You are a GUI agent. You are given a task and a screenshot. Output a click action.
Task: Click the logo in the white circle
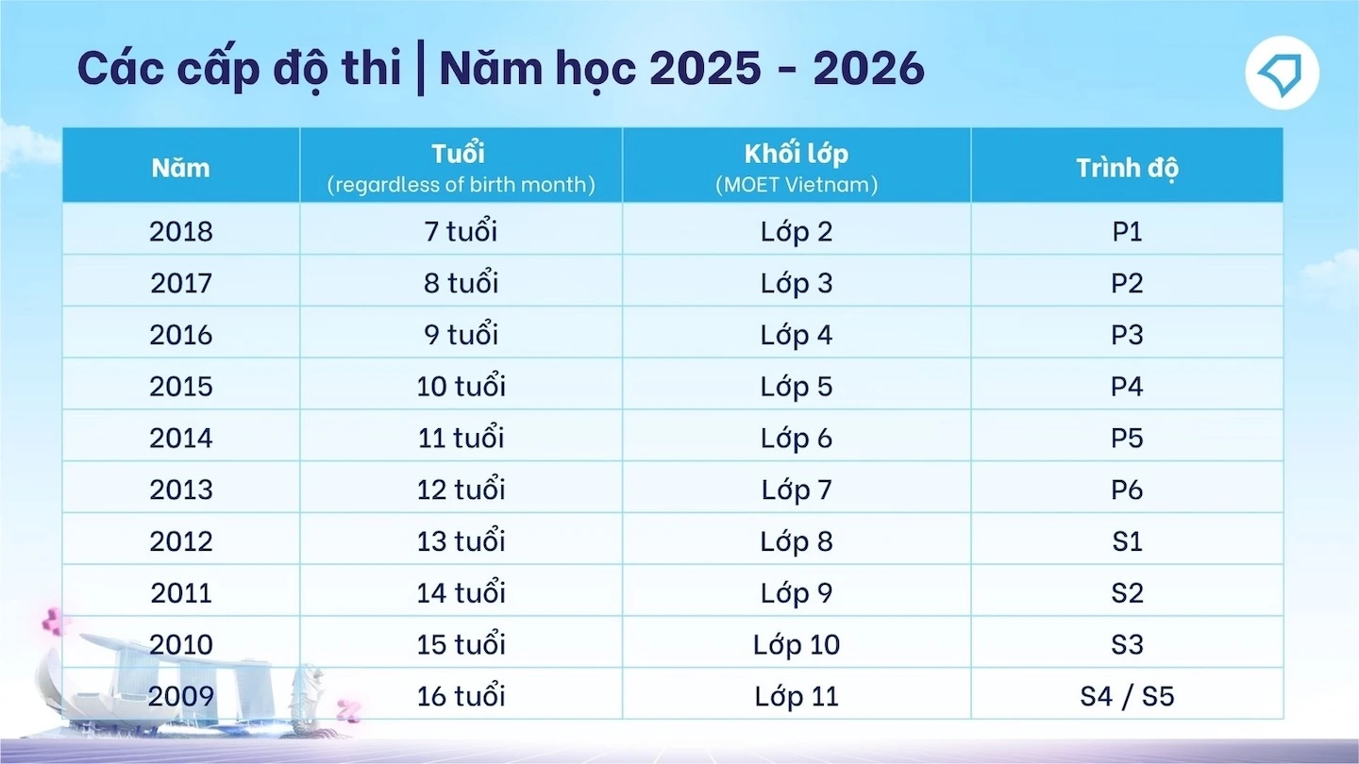[1282, 74]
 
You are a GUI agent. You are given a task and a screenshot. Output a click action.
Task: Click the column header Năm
[181, 168]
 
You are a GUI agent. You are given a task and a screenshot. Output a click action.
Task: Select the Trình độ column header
[1127, 169]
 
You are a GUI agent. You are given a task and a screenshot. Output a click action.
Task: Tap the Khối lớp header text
[796, 155]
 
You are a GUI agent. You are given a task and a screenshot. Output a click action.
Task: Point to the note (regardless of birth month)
[461, 184]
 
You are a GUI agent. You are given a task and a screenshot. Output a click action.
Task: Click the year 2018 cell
[181, 232]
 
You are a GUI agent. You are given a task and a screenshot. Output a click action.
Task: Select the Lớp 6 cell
[796, 438]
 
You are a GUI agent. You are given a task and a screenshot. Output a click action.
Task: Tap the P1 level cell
[1127, 232]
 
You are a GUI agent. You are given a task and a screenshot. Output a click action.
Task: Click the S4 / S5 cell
[1127, 695]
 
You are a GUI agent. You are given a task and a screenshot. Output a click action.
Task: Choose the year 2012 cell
[181, 540]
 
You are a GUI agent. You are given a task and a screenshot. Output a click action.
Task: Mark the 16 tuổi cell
[461, 695]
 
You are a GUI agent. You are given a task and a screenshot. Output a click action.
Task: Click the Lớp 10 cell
[796, 644]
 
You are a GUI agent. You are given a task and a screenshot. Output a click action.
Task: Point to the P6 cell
[1127, 490]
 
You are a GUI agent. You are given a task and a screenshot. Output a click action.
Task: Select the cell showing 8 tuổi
[461, 282]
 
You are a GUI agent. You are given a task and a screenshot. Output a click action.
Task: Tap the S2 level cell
[1127, 592]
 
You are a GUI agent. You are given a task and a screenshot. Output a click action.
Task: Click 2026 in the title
[868, 67]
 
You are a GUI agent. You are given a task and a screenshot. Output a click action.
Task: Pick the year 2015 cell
[181, 387]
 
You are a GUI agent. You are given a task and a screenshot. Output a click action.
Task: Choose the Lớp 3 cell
[796, 283]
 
